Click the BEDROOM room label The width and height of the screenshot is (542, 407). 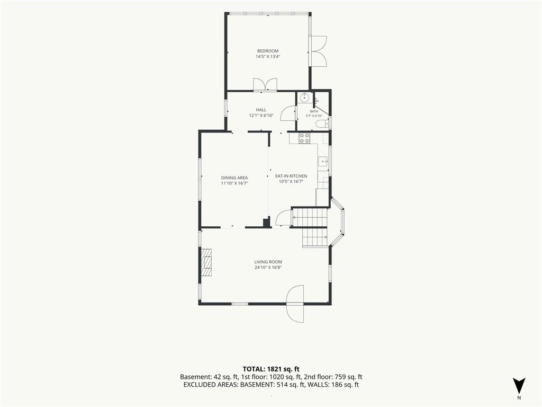click(267, 51)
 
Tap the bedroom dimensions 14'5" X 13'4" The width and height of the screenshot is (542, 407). click(267, 56)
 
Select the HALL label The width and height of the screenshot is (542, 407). click(261, 110)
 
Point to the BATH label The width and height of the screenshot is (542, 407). click(314, 111)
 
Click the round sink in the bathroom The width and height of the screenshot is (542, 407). click(304, 98)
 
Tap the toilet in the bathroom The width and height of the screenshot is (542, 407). click(322, 125)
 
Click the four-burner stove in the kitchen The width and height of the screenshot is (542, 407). click(304, 138)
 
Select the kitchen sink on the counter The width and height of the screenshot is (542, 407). click(322, 161)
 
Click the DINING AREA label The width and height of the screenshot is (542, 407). click(234, 178)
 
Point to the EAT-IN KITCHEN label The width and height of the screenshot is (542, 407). click(291, 176)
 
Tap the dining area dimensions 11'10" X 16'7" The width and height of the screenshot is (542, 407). click(234, 183)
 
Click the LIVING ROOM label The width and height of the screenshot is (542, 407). click(268, 262)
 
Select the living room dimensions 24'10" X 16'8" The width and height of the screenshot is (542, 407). click(268, 268)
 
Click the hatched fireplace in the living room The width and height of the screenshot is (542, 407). click(207, 262)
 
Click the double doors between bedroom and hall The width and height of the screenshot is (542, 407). click(265, 85)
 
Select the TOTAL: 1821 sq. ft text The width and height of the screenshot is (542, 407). click(271, 369)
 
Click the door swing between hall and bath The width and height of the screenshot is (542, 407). click(287, 112)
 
